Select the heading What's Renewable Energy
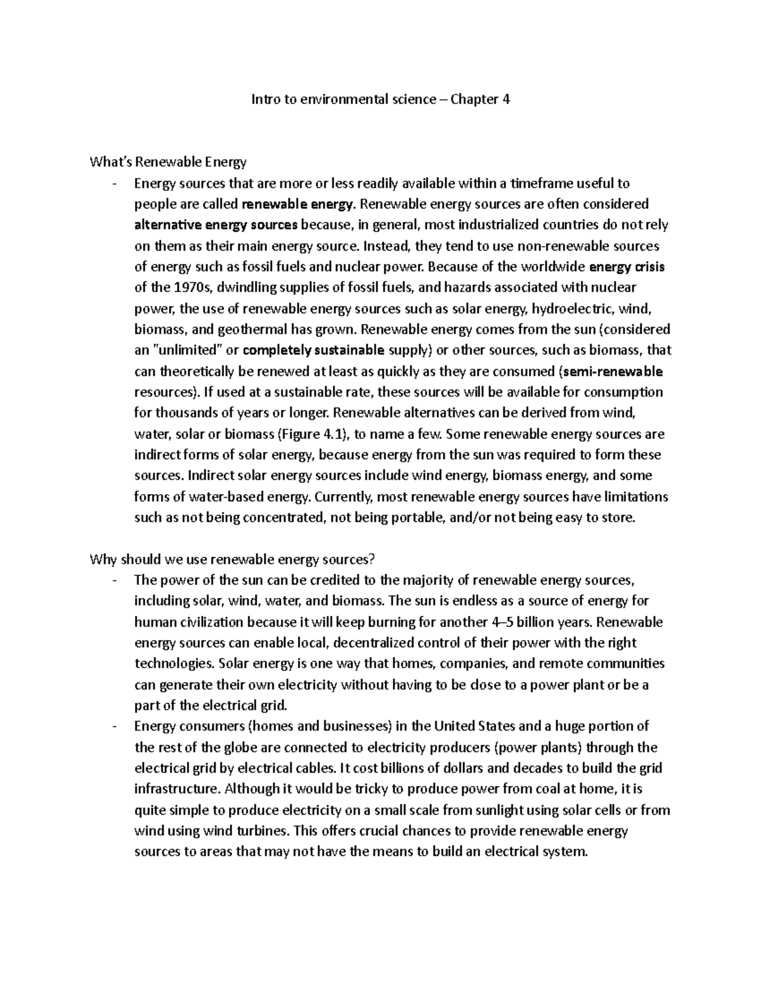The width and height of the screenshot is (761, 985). (168, 162)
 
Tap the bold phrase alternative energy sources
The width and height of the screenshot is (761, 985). (216, 225)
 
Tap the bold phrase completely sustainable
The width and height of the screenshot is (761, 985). (314, 350)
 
